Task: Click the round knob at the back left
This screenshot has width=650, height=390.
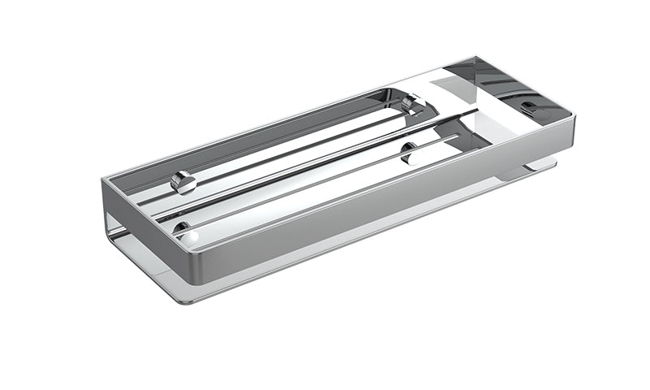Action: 184,181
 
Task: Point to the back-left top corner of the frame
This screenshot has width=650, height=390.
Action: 104,176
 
